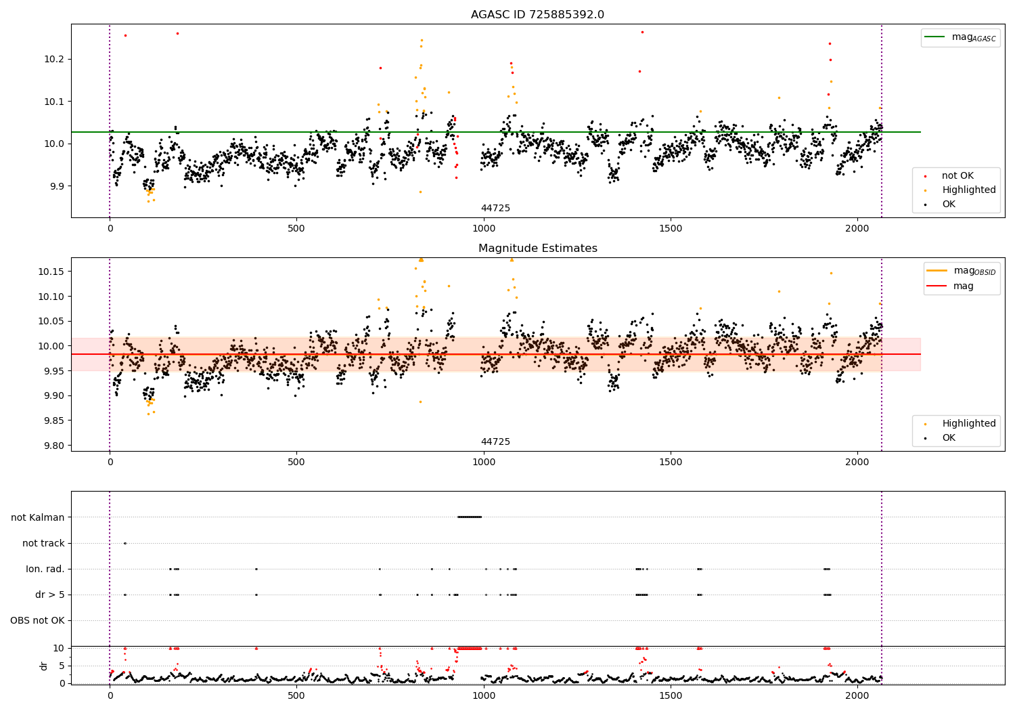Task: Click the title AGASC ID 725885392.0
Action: click(537, 15)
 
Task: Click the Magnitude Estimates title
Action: click(537, 249)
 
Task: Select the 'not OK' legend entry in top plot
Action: click(957, 176)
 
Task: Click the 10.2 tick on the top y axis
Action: click(55, 59)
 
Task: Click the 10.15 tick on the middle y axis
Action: click(52, 272)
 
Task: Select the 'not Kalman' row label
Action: click(38, 517)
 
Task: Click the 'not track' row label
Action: click(43, 543)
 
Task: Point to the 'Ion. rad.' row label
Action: click(45, 569)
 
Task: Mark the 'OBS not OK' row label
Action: click(37, 620)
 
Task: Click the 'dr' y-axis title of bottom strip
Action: click(44, 666)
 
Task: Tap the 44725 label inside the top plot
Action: click(495, 208)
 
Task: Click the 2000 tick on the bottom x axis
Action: click(857, 695)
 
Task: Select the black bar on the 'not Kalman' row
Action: click(470, 517)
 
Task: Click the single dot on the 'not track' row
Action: click(125, 543)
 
